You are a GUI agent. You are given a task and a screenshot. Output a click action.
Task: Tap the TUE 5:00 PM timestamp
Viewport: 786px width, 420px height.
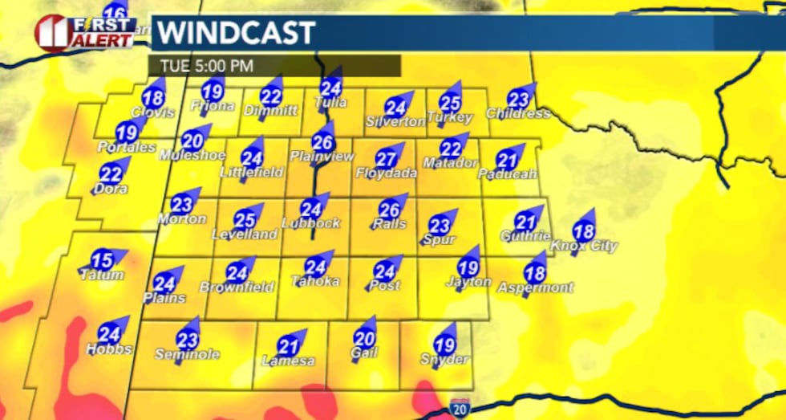207,65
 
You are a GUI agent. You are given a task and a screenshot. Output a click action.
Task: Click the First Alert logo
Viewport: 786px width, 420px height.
84,33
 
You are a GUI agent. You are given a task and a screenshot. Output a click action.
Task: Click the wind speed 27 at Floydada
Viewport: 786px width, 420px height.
386,159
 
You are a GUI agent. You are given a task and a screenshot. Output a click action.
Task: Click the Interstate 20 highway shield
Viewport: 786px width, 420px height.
460,406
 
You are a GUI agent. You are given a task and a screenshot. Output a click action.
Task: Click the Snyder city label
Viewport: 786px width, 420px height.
444,359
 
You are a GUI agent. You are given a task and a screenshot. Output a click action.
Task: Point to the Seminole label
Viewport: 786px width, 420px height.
187,353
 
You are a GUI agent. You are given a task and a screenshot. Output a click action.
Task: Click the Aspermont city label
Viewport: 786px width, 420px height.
536,287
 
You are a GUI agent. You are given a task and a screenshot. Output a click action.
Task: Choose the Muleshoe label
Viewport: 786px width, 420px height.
191,154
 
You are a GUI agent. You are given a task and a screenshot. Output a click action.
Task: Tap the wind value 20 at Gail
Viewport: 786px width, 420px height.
364,340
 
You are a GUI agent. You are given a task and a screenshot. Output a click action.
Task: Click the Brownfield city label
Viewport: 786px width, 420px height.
237,287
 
